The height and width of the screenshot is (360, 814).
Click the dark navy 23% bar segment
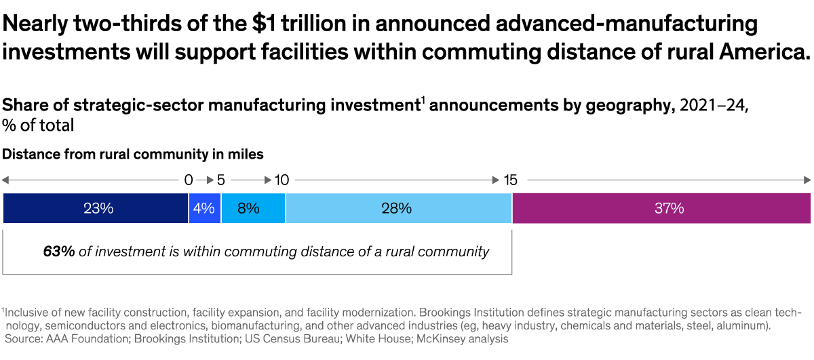point(96,209)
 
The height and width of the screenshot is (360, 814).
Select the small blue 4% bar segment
point(204,209)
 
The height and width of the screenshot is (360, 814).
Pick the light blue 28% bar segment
point(398,209)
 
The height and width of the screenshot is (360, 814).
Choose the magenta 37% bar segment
point(661,209)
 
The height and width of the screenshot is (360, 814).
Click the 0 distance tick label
point(189,180)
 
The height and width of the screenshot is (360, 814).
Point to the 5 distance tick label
point(220,180)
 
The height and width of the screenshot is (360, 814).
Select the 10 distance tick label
point(282,180)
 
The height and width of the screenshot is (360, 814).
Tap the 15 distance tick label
point(511,180)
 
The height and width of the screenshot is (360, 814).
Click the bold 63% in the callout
point(59,252)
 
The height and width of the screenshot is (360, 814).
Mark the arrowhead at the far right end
point(807,180)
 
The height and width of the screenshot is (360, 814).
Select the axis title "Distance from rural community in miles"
point(133,155)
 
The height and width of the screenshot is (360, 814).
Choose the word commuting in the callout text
point(258,252)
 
